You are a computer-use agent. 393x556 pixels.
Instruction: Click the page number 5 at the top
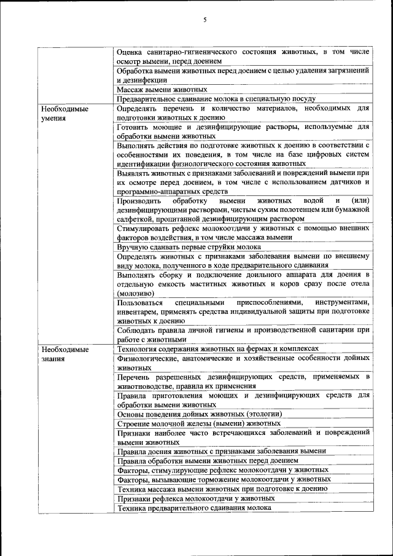tap(204, 20)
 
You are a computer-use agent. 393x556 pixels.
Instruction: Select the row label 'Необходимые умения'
tap(64, 114)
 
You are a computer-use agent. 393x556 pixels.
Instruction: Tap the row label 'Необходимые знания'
tap(64, 354)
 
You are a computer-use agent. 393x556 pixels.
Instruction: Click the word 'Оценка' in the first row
tap(130, 52)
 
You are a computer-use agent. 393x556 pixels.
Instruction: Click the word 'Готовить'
tap(133, 127)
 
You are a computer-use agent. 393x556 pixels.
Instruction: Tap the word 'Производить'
tap(139, 201)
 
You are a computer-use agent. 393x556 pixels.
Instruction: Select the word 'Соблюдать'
tap(136, 330)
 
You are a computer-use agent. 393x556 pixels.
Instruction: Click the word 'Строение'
tap(134, 423)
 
